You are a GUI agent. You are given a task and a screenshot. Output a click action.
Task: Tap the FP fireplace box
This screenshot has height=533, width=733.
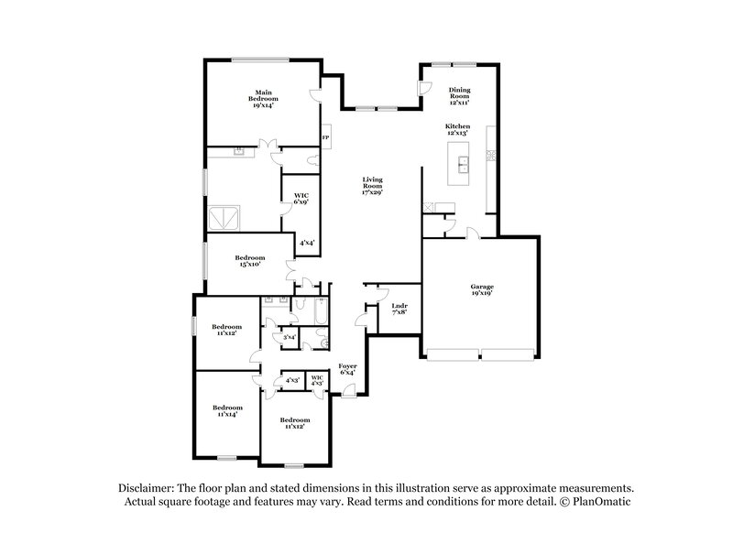point(324,138)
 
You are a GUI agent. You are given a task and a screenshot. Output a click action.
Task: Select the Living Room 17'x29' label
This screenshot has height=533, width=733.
point(371,186)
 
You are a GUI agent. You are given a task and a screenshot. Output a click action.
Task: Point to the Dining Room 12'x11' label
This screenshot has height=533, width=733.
point(459,94)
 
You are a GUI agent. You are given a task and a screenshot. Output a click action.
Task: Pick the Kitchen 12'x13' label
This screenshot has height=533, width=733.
point(457,129)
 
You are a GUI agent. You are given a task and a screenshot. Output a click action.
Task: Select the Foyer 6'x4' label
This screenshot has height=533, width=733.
point(347,369)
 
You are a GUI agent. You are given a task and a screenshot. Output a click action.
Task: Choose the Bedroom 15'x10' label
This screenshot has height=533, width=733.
point(249,261)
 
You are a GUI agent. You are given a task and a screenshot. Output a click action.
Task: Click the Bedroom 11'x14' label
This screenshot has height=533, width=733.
point(227,410)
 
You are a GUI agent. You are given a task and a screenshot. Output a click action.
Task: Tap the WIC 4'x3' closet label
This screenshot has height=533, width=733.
point(317,380)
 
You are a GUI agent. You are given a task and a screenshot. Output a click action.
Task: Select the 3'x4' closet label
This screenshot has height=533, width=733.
point(289,338)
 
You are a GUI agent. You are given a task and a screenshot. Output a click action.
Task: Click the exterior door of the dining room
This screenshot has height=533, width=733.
point(423,87)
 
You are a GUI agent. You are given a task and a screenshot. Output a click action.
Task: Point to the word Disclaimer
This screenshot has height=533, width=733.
point(148,488)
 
